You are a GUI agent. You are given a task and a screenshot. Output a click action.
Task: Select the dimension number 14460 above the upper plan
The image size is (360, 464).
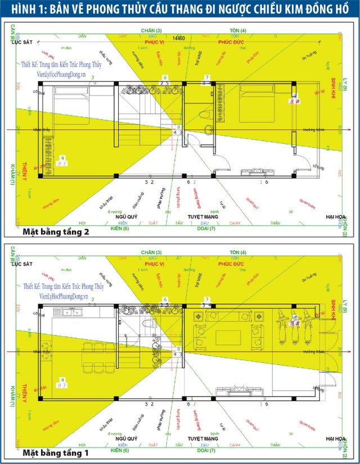[x=179, y=38]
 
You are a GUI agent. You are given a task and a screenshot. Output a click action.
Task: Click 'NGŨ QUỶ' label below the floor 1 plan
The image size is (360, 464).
[x=127, y=438]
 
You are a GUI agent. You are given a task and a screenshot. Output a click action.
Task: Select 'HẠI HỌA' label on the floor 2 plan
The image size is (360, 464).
[x=336, y=217]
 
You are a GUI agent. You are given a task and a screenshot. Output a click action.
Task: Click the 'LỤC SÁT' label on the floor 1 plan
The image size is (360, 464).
[x=21, y=262]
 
